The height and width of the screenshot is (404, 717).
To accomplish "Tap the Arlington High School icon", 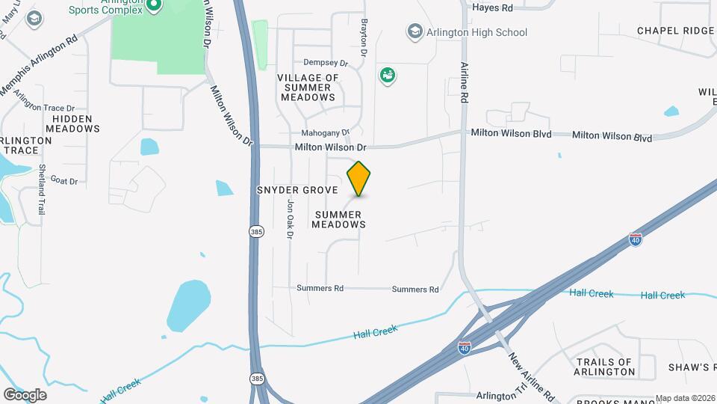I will pyautogui.click(x=415, y=31).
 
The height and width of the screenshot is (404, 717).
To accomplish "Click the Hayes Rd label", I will pyautogui.click(x=493, y=7).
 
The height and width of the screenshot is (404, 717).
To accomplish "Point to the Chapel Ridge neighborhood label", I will pyautogui.click(x=675, y=31).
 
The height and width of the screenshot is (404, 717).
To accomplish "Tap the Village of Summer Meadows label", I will pyautogui.click(x=308, y=88).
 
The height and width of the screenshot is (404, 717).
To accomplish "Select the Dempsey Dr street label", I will pyautogui.click(x=326, y=63).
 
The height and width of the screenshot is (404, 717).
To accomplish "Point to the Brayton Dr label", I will pyautogui.click(x=364, y=39).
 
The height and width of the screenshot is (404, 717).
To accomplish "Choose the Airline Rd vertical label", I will pyautogui.click(x=464, y=83).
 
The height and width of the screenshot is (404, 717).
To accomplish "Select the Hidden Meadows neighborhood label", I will pyautogui.click(x=72, y=123).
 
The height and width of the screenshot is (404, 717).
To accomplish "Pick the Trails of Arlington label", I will pyautogui.click(x=605, y=367).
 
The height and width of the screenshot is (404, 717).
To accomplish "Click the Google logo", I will pyautogui.click(x=25, y=395).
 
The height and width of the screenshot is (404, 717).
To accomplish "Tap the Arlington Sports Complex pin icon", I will pyautogui.click(x=154, y=6).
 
